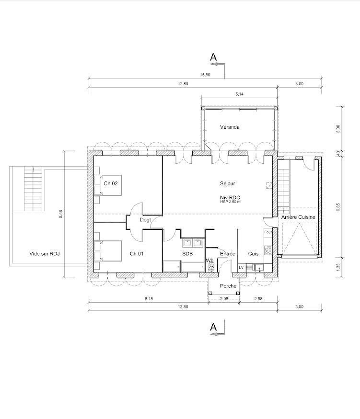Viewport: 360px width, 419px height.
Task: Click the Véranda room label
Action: [x=230, y=127]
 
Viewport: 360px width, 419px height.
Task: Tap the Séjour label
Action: [x=227, y=183]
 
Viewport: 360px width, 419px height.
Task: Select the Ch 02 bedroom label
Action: [x=110, y=183]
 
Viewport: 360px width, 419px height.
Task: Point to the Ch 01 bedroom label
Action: [x=137, y=254]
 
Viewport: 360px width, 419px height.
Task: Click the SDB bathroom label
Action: [x=187, y=254]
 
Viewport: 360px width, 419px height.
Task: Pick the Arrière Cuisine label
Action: [x=298, y=217]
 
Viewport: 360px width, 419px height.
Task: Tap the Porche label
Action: [x=228, y=286]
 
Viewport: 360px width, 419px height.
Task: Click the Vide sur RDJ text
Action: [x=45, y=254]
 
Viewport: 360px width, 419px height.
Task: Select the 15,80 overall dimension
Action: [x=205, y=75]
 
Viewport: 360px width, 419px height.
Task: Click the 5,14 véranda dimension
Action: [x=239, y=94]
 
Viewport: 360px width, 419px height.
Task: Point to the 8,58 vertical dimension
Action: [x=61, y=214]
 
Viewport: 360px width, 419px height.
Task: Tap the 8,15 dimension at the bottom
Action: [x=149, y=299]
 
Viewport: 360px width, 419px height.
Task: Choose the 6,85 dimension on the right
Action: [x=338, y=207]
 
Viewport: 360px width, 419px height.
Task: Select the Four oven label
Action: [x=268, y=232]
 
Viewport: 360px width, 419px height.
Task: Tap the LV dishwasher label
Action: [x=241, y=267]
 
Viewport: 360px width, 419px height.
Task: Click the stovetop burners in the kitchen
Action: [x=268, y=250]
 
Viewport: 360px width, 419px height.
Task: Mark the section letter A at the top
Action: [x=213, y=57]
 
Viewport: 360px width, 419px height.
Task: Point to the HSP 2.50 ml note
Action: [x=231, y=202]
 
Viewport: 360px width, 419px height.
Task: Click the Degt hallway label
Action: [x=145, y=220]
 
